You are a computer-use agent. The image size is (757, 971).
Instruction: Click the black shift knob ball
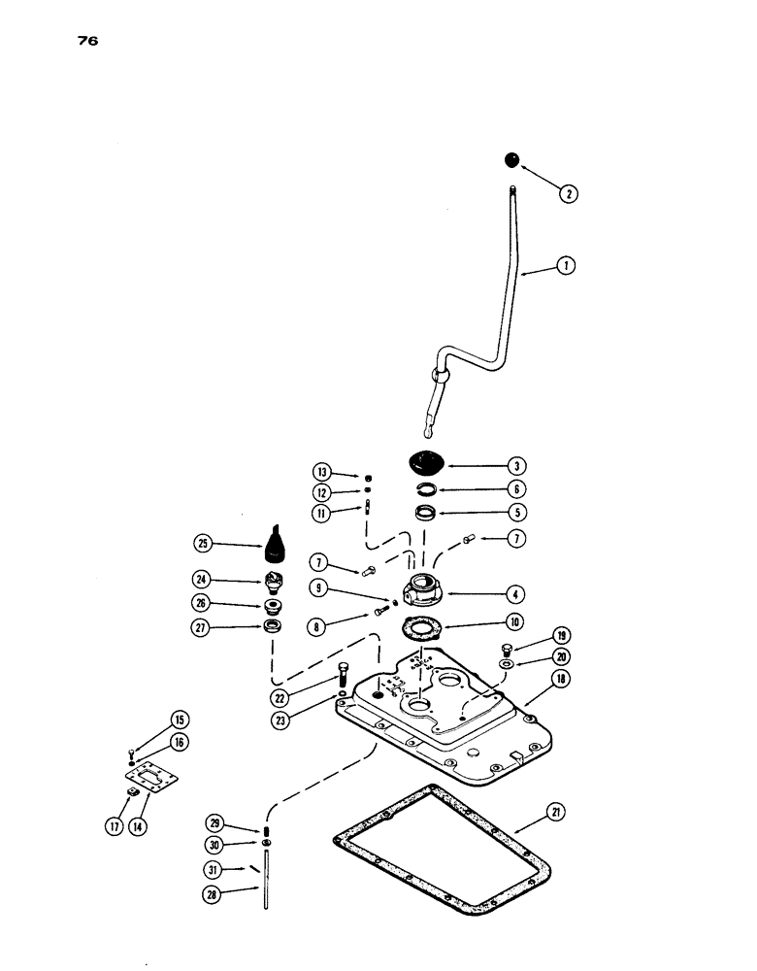pyautogui.click(x=512, y=160)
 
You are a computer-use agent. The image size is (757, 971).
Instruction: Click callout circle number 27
pyautogui.click(x=201, y=628)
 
